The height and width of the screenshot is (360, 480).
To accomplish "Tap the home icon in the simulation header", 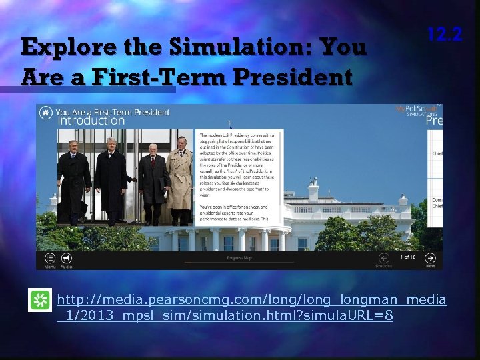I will tap(45, 113).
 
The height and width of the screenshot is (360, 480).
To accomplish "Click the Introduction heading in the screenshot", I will tap(90, 121).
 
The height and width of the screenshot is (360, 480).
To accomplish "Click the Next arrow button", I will tap(431, 259).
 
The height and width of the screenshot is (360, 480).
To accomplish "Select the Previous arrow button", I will tap(383, 259).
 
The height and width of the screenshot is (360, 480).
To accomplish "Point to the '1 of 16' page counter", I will tap(407, 257).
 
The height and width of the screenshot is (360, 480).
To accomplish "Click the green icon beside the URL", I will tap(41, 302).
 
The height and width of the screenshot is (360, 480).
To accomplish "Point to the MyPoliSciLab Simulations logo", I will tap(419, 110).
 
